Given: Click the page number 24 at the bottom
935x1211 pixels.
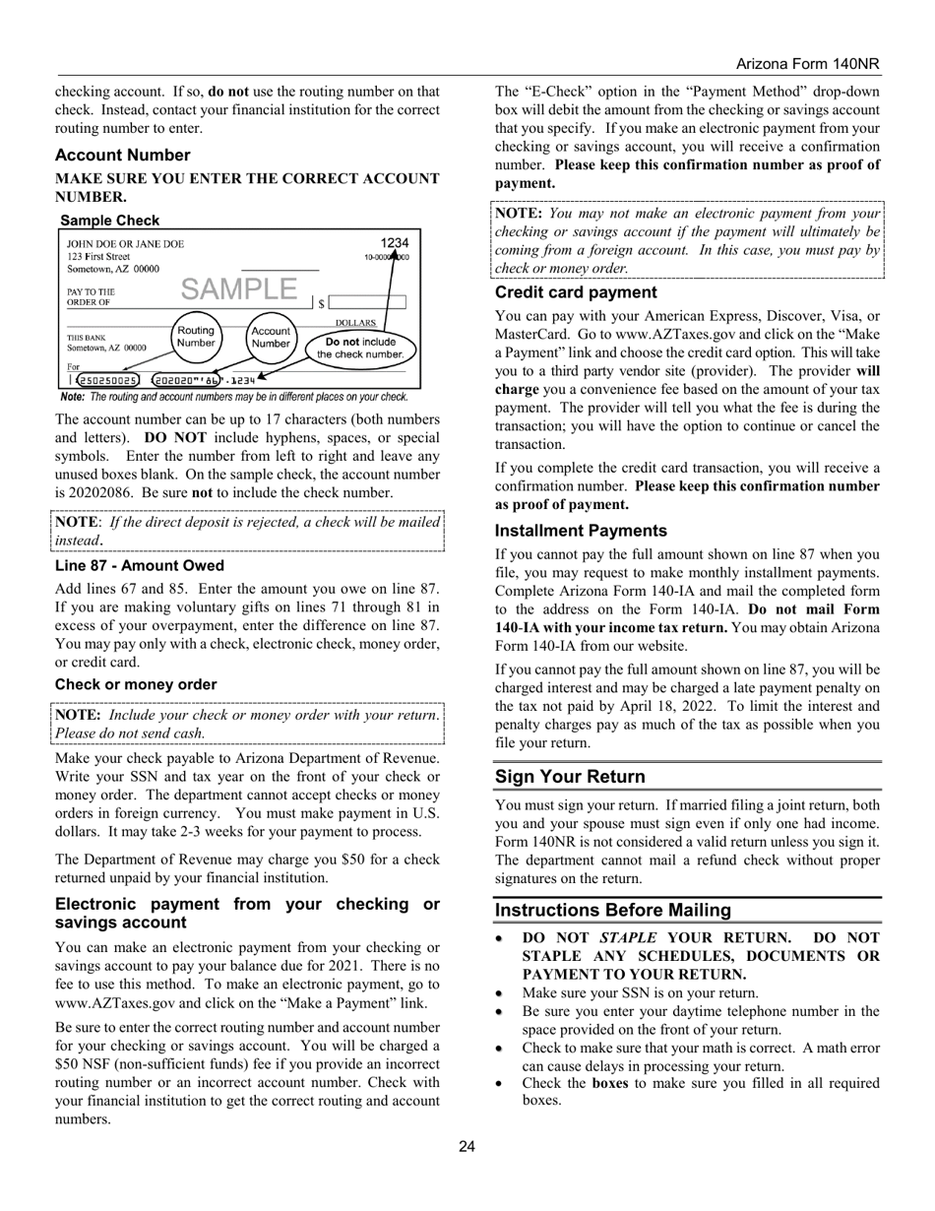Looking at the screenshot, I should click(467, 1145).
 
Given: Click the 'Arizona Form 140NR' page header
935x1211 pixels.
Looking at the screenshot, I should click(807, 64).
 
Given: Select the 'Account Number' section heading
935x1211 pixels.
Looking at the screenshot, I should click(122, 155).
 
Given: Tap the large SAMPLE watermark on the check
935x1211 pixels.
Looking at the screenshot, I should click(238, 288).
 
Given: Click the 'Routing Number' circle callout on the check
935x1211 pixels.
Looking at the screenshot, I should click(195, 337).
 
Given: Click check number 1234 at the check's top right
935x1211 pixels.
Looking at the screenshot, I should click(394, 243).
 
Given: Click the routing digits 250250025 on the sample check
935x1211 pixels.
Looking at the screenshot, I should click(108, 380).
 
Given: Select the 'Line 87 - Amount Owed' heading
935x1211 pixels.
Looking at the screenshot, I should click(139, 565).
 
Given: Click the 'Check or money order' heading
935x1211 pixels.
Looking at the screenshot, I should click(136, 684).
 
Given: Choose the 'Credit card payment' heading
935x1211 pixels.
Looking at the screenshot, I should click(575, 292).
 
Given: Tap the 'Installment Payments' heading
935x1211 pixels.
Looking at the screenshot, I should click(581, 531).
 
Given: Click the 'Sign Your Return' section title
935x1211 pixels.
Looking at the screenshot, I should click(570, 776).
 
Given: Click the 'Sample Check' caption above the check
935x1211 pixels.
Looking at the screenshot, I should click(109, 221).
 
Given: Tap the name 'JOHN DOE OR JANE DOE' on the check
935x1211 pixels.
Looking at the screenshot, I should click(125, 244).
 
